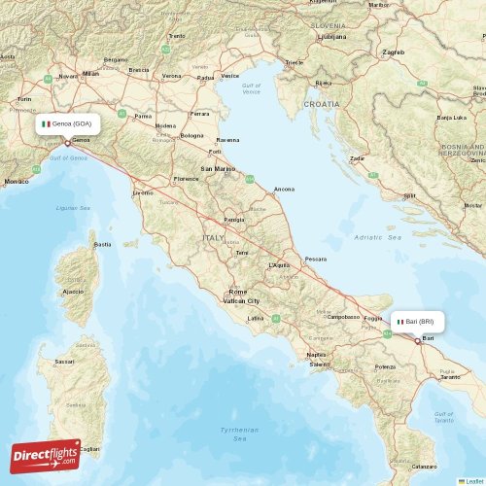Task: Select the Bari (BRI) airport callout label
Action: [419, 321]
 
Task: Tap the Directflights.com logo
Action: [46, 455]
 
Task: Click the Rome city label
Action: [237, 292]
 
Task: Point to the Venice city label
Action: [230, 76]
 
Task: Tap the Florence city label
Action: [186, 179]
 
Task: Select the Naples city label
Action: [316, 355]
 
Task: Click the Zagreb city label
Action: [394, 52]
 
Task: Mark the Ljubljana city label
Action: [332, 36]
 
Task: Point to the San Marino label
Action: [217, 169]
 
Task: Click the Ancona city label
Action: [285, 189]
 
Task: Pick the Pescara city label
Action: [315, 260]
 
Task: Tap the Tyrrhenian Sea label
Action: [239, 434]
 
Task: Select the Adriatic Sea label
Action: [377, 237]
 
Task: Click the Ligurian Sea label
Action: [70, 207]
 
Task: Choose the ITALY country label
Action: [213, 237]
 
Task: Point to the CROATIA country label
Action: [321, 103]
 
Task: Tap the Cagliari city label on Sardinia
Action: [88, 449]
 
